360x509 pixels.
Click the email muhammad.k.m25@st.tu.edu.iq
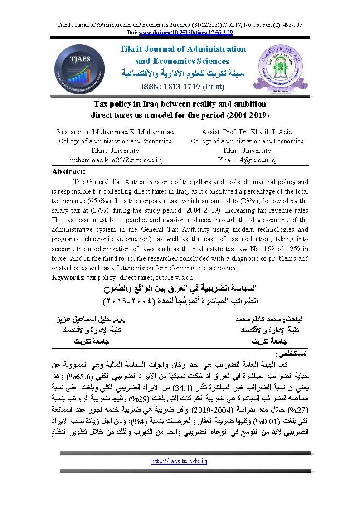point(115,160)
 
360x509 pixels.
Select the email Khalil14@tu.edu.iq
point(247,160)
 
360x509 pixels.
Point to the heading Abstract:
point(69,171)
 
